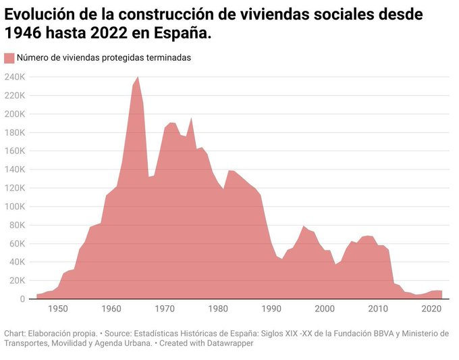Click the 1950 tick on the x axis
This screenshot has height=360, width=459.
tap(58, 309)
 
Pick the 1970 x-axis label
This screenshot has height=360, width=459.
tap(165, 309)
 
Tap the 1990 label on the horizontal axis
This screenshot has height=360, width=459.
tap(271, 309)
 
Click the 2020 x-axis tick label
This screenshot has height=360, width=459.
tap(431, 309)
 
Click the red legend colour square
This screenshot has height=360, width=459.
tap(9, 58)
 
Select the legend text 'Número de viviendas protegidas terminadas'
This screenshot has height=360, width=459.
tap(104, 58)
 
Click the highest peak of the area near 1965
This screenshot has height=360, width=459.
tap(138, 77)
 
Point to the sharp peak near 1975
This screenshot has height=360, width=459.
tap(192, 118)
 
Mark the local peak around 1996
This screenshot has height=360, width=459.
tap(304, 226)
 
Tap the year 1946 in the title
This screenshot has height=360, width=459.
tap(22, 33)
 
